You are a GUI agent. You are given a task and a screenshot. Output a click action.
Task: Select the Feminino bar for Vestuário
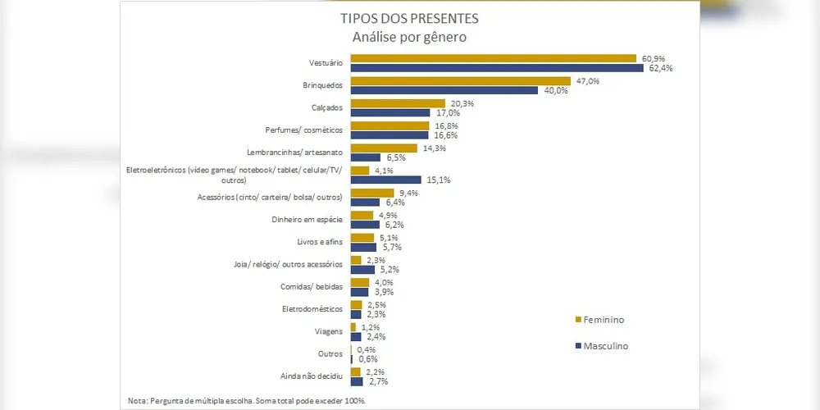pyautogui.click(x=493, y=58)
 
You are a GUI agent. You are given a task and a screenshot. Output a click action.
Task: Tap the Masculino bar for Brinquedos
pyautogui.click(x=444, y=90)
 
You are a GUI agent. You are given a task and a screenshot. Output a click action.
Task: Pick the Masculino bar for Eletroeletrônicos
pyautogui.click(x=385, y=180)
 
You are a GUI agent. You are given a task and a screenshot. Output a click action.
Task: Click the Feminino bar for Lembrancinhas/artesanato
pyautogui.click(x=384, y=148)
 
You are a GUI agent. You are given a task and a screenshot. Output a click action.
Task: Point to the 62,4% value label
pyautogui.click(x=661, y=68)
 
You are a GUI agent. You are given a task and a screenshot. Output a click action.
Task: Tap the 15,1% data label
pyautogui.click(x=438, y=180)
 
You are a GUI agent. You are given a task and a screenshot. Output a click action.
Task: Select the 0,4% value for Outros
pyautogui.click(x=367, y=349)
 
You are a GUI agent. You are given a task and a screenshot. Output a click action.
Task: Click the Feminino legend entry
pyautogui.click(x=605, y=319)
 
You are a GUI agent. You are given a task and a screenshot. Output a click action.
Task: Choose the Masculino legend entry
pyautogui.click(x=605, y=346)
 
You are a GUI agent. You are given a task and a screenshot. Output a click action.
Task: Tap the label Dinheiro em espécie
pyautogui.click(x=308, y=220)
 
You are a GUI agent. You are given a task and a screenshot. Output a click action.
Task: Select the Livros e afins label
pyautogui.click(x=320, y=242)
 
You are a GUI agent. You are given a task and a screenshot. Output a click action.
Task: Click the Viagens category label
pyautogui.click(x=329, y=331)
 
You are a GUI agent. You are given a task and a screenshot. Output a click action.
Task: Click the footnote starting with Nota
pyautogui.click(x=246, y=400)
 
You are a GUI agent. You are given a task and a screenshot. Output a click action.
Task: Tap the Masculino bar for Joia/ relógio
pyautogui.click(x=362, y=269)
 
